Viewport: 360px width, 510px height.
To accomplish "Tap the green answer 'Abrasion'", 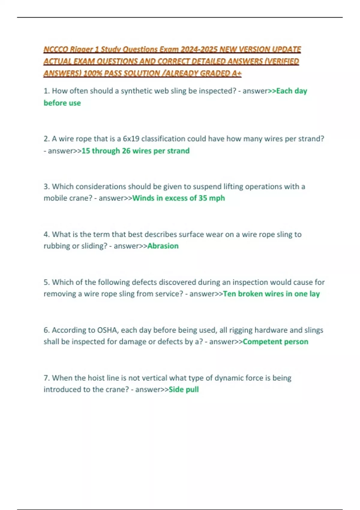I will pos(163,246).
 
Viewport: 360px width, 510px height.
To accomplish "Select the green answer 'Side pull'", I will pos(184,389).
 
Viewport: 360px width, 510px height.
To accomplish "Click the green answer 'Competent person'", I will pos(275,342).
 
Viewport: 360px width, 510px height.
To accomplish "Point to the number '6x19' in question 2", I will pos(131,139).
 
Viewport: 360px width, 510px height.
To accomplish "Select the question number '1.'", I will pos(46,91).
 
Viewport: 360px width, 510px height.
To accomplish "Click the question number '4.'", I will pos(46,234).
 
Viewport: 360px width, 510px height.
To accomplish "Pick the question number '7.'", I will pos(46,378).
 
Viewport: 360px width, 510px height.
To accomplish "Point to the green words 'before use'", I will pos(62,103).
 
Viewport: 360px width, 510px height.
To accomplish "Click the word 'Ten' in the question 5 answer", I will pos(229,294).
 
